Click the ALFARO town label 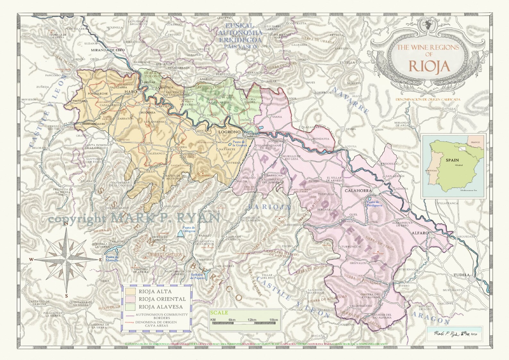tap(420, 233)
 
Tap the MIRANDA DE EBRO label tap(108, 50)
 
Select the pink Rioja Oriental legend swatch tap(130, 299)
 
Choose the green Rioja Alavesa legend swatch tap(130, 307)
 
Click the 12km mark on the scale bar tap(252, 320)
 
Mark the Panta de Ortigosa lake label tap(188, 229)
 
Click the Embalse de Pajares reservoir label tap(197, 276)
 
